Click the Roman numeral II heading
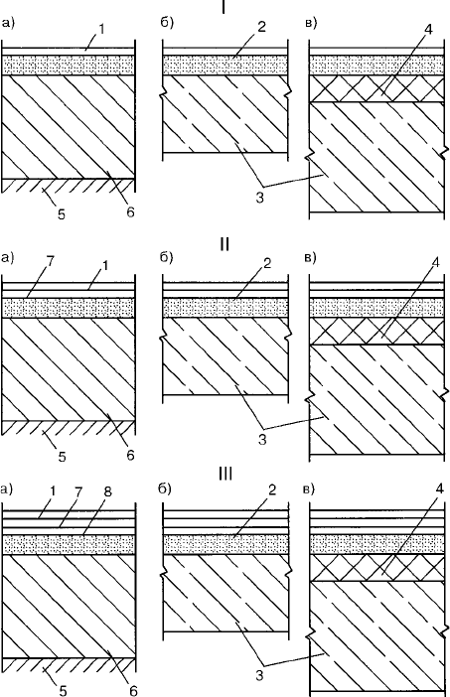click(225, 244)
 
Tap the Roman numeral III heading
click(225, 474)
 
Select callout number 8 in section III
click(107, 492)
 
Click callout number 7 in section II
click(50, 261)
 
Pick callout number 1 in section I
click(102, 29)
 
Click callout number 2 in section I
click(261, 27)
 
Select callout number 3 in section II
click(262, 439)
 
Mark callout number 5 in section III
click(63, 690)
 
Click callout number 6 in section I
click(130, 212)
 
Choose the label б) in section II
click(166, 257)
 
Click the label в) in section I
click(311, 23)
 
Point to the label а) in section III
click(7, 489)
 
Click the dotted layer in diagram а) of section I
click(69, 66)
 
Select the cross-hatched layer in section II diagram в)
click(377, 332)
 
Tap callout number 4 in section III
click(439, 488)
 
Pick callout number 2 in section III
click(272, 489)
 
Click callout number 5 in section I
click(61, 213)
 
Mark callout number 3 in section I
click(259, 198)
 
